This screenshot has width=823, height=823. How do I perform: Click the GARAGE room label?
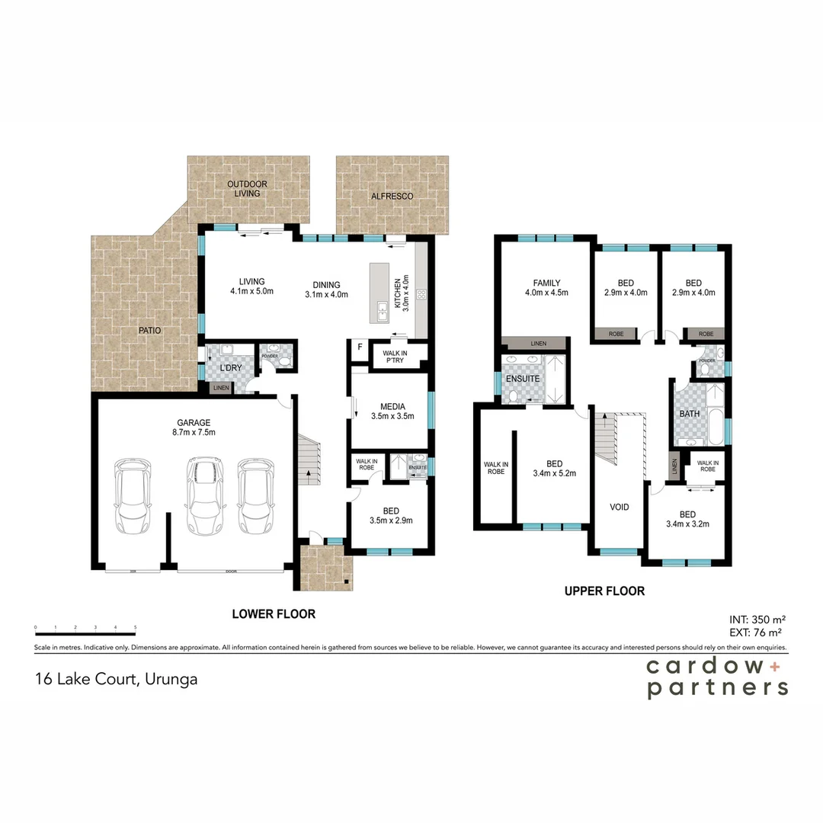click(194, 422)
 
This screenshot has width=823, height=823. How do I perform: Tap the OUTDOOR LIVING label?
click(247, 188)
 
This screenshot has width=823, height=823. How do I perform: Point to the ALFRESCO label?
click(392, 197)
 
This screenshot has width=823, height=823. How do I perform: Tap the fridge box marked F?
click(360, 347)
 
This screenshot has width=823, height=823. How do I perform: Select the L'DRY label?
click(230, 369)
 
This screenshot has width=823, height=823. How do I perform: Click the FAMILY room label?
click(546, 283)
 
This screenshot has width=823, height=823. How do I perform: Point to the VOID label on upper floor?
click(620, 507)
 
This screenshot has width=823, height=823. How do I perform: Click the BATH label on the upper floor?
click(690, 414)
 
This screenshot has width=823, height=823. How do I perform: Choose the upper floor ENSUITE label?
click(522, 378)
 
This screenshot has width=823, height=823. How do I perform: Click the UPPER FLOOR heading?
click(604, 591)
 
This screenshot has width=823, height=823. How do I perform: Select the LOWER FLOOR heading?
click(274, 613)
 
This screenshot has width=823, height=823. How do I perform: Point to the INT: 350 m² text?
click(757, 620)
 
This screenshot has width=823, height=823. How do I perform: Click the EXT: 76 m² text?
click(757, 632)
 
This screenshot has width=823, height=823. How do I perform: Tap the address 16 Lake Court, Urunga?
click(116, 679)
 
